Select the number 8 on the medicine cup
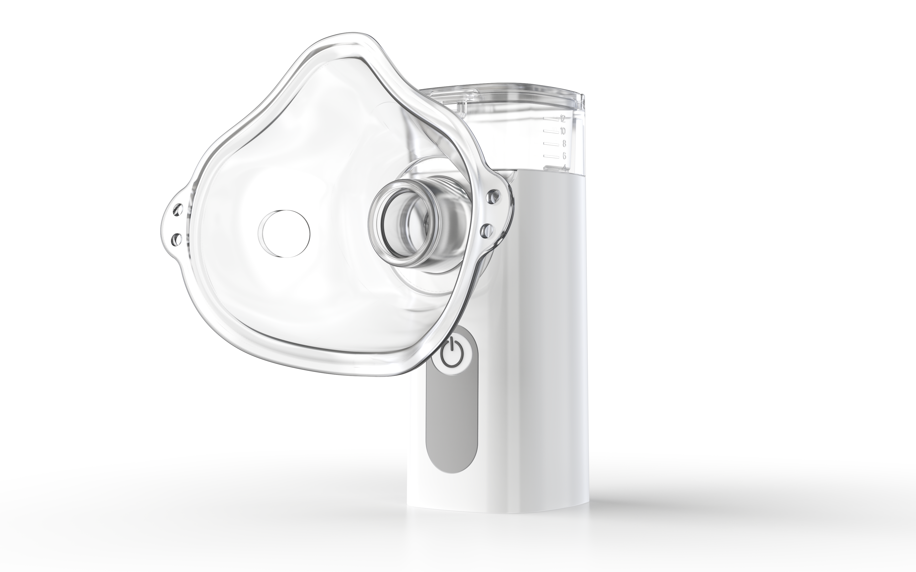tap(564, 143)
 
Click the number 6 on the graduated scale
tap(564, 155)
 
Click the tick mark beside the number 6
tap(552, 156)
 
